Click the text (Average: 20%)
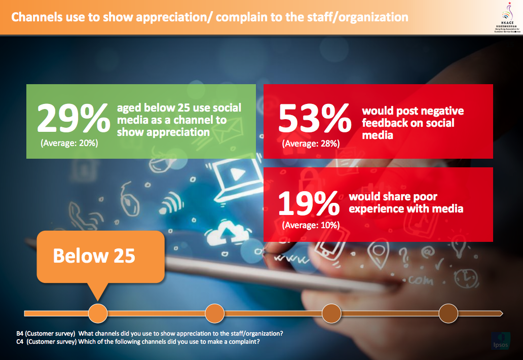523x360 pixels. (69, 143)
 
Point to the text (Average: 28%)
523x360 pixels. (311, 143)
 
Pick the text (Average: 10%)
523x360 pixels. (311, 225)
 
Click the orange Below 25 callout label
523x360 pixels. (94, 256)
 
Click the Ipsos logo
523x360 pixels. (502, 341)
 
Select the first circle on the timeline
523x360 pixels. (98, 313)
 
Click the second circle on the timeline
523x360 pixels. (215, 313)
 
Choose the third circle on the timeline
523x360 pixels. (331, 313)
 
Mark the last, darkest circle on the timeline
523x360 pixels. (448, 313)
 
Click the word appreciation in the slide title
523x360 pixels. (162, 17)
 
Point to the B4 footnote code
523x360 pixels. (21, 333)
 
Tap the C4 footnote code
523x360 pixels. (21, 341)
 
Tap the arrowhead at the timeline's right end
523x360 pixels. (500, 313)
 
